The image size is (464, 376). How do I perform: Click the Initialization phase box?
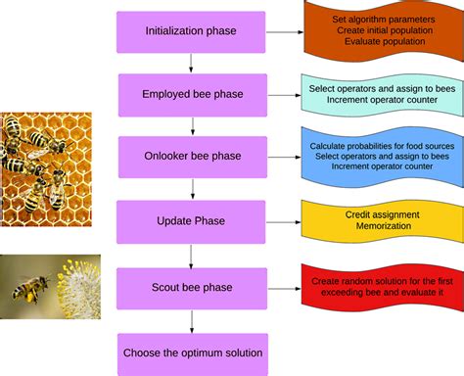pyautogui.click(x=191, y=31)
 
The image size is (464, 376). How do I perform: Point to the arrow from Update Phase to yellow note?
pyautogui.click(x=284, y=220)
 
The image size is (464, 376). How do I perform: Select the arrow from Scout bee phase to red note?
pyautogui.click(x=284, y=286)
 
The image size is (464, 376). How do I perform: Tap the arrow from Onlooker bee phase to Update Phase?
pyautogui.click(x=192, y=189)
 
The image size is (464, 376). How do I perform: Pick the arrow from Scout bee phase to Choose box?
pyautogui.click(x=192, y=319)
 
